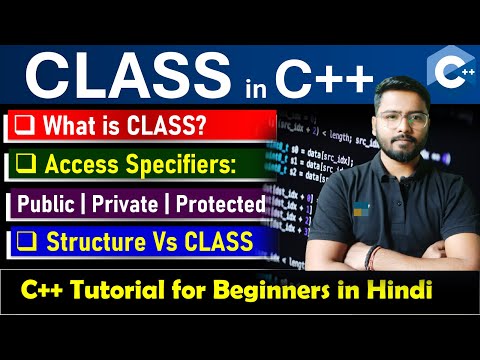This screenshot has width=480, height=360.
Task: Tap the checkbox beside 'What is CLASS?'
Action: pos(24,126)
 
